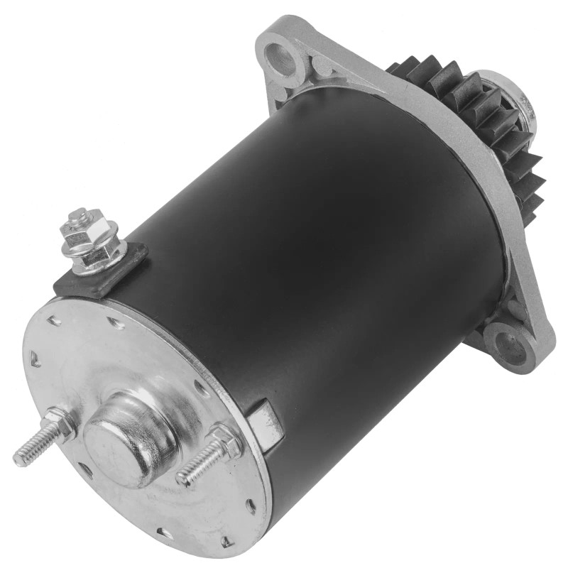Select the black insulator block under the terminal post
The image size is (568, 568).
[106, 273]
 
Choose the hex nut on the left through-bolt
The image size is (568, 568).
[62, 425]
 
